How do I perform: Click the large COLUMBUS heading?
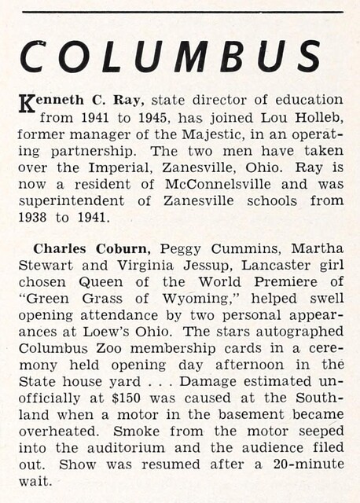pos(171,57)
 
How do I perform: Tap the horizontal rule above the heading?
pos(181,12)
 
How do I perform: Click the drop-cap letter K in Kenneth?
pos(24,103)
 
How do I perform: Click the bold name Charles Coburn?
pos(72,249)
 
